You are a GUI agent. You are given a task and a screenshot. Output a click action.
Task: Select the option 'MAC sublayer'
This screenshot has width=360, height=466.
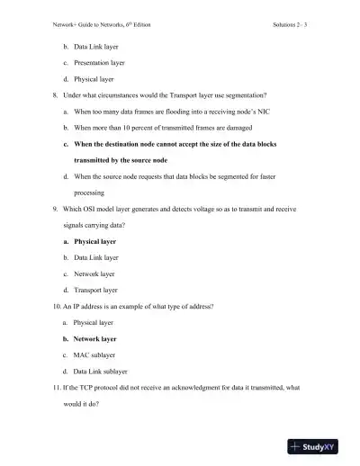point(94,355)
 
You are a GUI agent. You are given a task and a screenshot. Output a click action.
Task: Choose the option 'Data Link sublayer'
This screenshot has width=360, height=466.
point(103,372)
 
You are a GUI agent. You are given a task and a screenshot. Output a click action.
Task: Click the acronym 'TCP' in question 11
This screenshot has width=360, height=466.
point(88,388)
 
